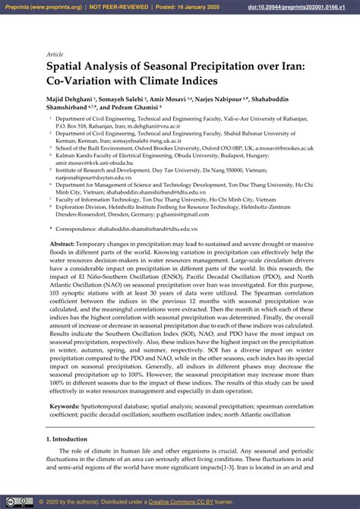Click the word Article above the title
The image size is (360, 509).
[x=55, y=55]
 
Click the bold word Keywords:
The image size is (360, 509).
[x=65, y=406]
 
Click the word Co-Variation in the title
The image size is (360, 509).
[x=83, y=81]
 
